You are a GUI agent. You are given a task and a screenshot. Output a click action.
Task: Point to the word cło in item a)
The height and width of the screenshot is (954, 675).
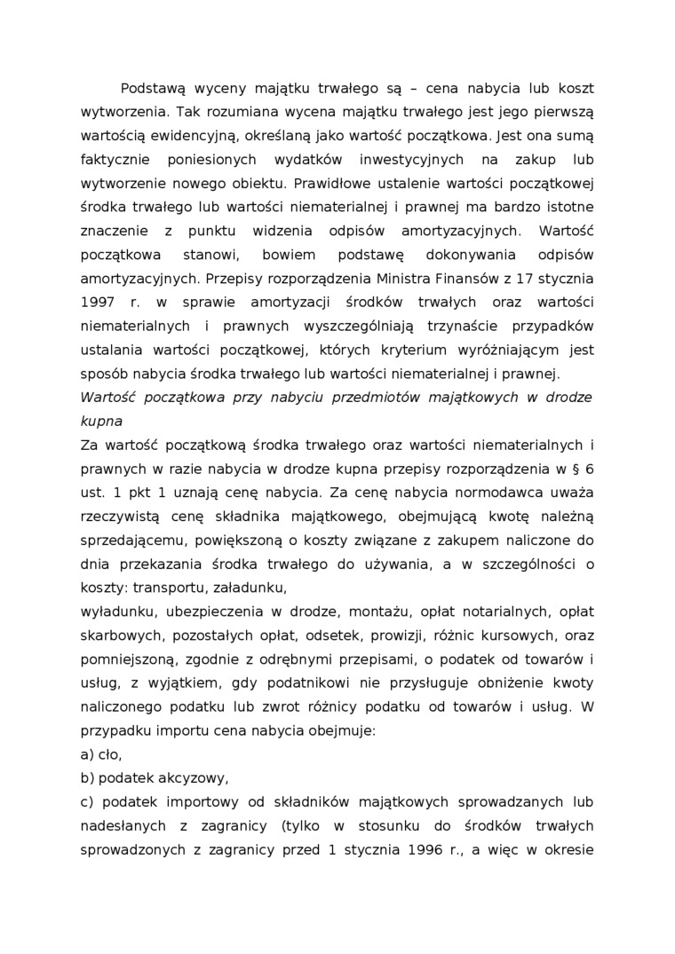(x=110, y=753)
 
